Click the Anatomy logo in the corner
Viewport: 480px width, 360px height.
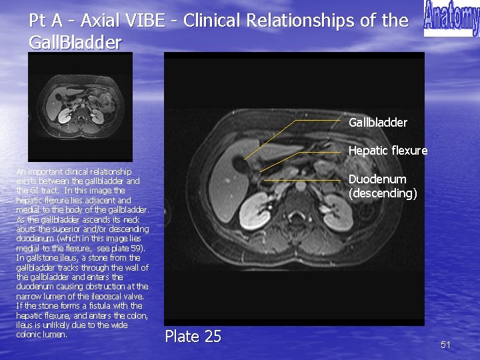tap(451, 19)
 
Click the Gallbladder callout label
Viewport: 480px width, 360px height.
tap(377, 123)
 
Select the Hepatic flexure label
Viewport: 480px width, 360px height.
tap(387, 151)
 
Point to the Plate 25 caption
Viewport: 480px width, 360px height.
tap(193, 337)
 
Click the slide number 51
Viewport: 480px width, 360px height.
tap(446, 345)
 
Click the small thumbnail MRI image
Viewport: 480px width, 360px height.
tap(80, 107)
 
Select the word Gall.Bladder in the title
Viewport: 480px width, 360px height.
tap(75, 43)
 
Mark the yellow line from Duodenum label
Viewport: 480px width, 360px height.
tap(303, 181)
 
